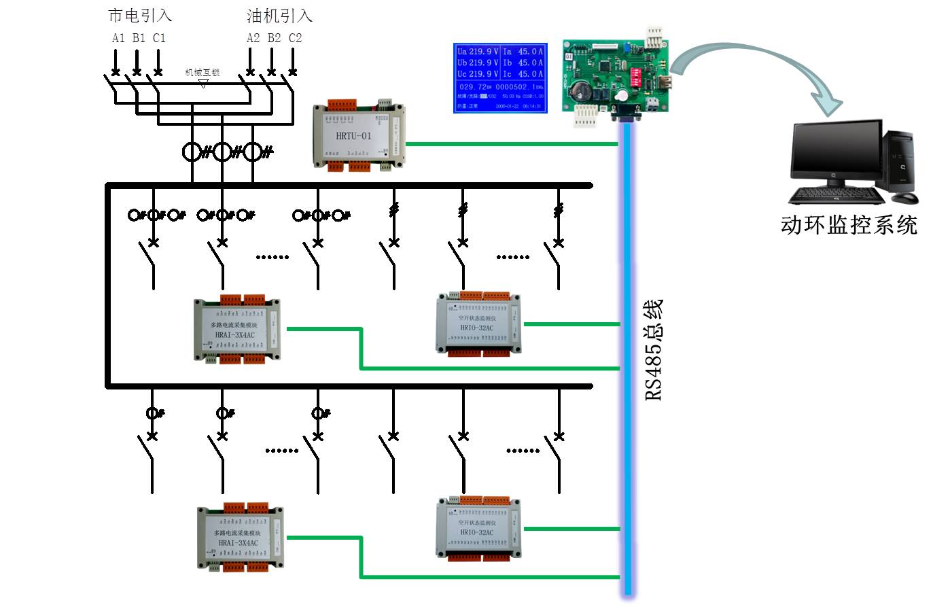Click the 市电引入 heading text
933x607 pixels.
tap(140, 15)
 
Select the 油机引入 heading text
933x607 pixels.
tap(279, 15)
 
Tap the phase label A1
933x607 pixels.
tap(118, 38)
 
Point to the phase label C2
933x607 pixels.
tap(295, 38)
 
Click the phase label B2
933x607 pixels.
tap(274, 38)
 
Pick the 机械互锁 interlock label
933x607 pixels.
tap(203, 72)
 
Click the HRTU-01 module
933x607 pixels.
tap(357, 136)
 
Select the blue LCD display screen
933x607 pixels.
tap(500, 77)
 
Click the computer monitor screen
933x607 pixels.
tap(835, 156)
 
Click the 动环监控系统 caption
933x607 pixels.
tap(849, 225)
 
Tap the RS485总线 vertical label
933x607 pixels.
tap(653, 349)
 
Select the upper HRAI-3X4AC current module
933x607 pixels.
tap(236, 330)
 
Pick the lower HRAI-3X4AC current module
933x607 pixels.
tap(240, 538)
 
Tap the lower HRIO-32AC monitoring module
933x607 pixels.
tap(479, 529)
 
